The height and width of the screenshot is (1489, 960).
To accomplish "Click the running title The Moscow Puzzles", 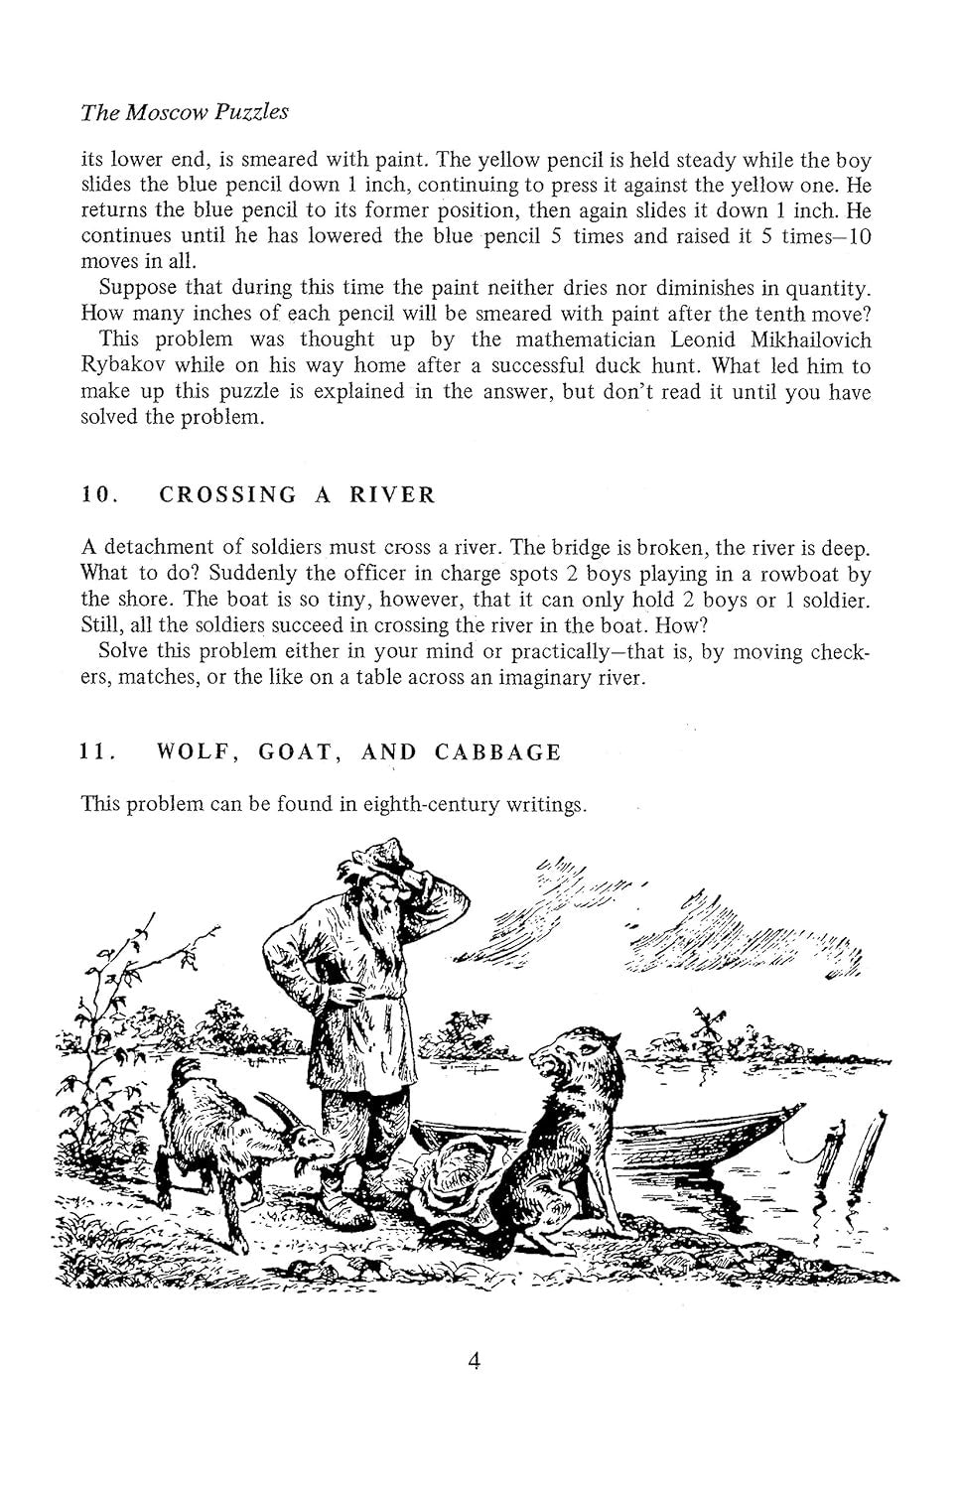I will pos(185,112).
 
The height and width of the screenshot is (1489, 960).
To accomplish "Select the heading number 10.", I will pos(99,495).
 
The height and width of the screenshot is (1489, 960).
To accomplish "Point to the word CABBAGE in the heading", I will pos(498,752).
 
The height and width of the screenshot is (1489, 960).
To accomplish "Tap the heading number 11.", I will pos(97,752).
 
